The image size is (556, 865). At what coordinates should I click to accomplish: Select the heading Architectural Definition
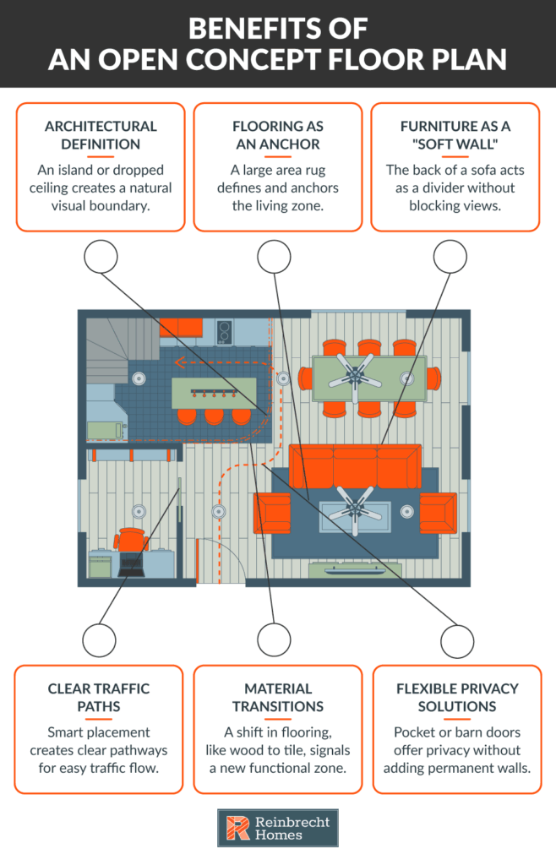[101, 134]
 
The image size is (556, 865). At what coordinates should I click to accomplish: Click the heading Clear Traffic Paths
[99, 697]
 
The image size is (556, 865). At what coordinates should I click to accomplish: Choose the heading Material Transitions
[278, 697]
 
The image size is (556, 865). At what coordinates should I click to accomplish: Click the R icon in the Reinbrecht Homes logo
[237, 828]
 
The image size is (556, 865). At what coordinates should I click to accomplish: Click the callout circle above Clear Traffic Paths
[101, 639]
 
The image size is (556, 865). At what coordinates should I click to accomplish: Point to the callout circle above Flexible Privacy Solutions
[456, 639]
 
